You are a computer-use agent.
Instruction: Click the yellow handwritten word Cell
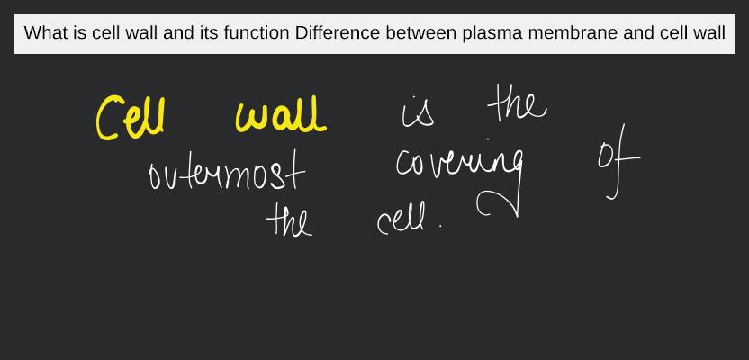click(130, 117)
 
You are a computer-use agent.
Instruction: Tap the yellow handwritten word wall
click(279, 117)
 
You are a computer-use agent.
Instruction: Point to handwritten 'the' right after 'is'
click(516, 106)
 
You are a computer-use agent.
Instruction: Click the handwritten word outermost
click(227, 174)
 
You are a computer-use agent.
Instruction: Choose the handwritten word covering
click(460, 166)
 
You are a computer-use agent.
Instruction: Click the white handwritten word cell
click(403, 220)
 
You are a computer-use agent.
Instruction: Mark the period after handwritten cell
click(441, 227)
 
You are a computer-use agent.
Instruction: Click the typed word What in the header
click(44, 34)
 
